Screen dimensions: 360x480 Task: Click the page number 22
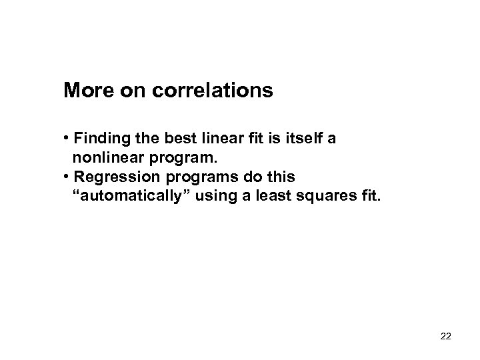coord(446,336)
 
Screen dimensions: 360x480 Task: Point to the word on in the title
coord(129,91)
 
